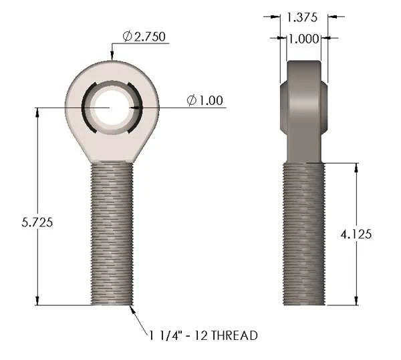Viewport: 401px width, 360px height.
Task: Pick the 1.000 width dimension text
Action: (303, 39)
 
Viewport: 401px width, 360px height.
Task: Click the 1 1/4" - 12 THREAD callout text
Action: (203, 335)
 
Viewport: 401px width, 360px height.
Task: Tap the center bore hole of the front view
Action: (111, 108)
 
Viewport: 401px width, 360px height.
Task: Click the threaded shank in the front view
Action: (112, 234)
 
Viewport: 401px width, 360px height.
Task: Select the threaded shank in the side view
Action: (304, 234)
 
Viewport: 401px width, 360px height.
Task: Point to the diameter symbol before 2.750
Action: (127, 36)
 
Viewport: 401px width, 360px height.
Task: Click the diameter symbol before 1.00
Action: (192, 101)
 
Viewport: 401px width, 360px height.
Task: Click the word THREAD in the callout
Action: (235, 335)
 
